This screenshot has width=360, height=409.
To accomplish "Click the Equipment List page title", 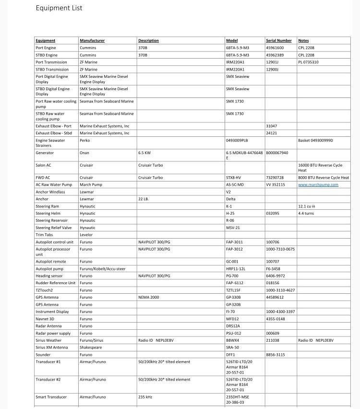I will pos(59,8).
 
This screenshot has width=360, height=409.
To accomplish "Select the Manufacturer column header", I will pos(92,41).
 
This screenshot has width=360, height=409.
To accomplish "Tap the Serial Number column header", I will pos(279,41).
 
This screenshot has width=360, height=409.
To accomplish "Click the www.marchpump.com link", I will pos(318,185).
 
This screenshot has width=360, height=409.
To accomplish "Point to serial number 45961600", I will pos(275,48).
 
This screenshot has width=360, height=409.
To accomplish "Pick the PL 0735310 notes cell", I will pos(308,62).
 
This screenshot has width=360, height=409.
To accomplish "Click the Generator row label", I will pos(45,153).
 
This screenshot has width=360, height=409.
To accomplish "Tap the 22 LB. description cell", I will pos(144,199).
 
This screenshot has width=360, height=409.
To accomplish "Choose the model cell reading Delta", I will pos(231,199).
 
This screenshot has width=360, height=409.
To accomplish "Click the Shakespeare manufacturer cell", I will pos(91,348).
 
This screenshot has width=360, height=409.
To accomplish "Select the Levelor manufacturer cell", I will pos(86,235).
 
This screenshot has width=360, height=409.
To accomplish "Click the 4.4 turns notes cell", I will pos(306,214).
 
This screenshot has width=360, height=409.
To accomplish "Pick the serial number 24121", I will pos(272,133).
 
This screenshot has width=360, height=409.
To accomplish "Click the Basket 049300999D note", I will pos(315,141).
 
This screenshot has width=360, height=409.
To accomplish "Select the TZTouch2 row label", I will pos(44,290).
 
